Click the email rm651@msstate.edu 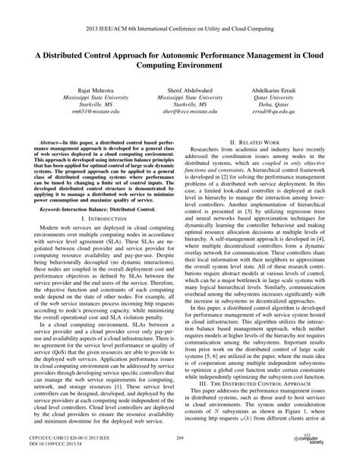click(x=76, y=110)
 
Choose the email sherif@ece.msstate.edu click(x=180, y=110)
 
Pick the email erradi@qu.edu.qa click(x=283, y=110)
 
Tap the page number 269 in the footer click(x=180, y=439)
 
